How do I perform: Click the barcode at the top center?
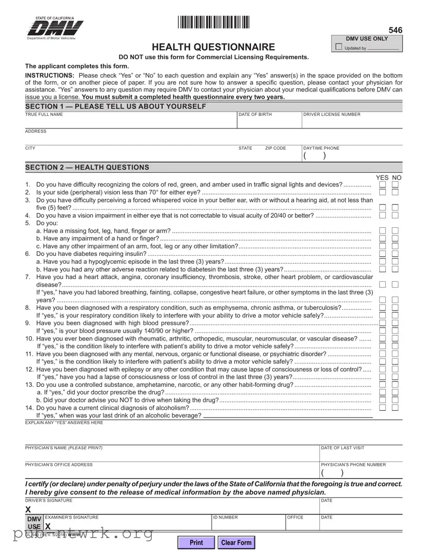click(x=213, y=22)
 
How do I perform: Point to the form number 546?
click(x=395, y=31)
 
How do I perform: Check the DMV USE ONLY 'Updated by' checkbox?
click(x=339, y=48)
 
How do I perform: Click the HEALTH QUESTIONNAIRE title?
click(x=213, y=47)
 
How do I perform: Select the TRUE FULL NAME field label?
click(x=44, y=114)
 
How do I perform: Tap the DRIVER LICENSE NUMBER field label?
click(x=332, y=114)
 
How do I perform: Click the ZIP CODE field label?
click(x=275, y=148)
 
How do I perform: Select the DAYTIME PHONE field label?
click(x=321, y=148)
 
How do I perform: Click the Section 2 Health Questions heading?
click(x=87, y=168)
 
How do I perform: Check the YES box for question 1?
click(x=383, y=184)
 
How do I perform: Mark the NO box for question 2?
click(x=395, y=192)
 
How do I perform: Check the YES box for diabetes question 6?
click(x=383, y=254)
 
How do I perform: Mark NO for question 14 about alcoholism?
click(x=395, y=407)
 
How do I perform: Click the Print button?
click(x=196, y=542)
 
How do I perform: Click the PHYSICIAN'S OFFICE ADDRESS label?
click(x=59, y=465)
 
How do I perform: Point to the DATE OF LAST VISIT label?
click(x=342, y=448)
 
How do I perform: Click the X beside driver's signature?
click(x=28, y=510)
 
